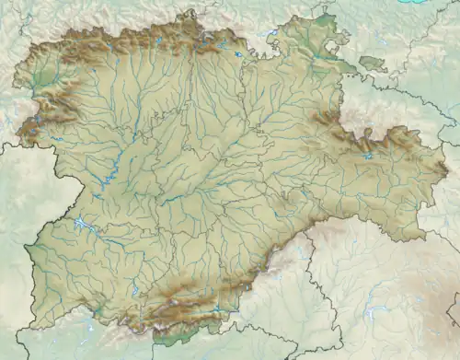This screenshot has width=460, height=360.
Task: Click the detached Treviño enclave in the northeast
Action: click(x=372, y=64)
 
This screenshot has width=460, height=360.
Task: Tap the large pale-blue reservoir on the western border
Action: click(x=84, y=224)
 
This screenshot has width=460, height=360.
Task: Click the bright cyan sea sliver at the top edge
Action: click(x=419, y=2)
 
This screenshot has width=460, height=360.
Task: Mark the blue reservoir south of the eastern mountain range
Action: click(x=368, y=156)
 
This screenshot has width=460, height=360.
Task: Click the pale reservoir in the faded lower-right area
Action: click(x=368, y=313)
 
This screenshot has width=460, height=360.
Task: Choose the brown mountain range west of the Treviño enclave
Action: click(x=327, y=120)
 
